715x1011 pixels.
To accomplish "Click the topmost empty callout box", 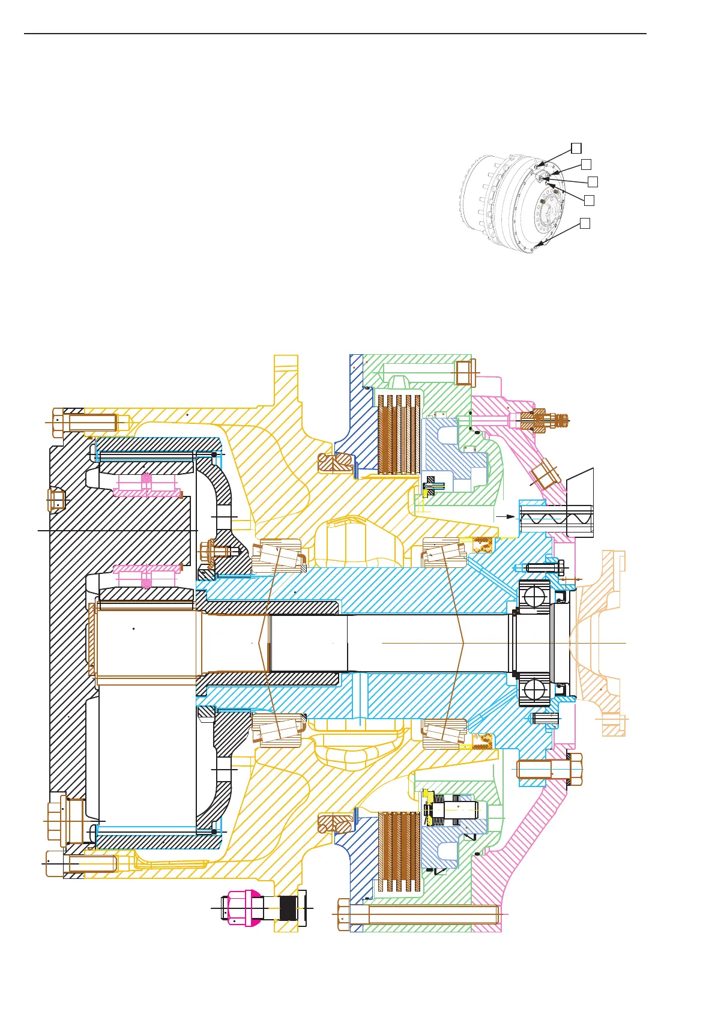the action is (x=575, y=147).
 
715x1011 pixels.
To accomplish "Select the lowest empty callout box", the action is (x=585, y=223).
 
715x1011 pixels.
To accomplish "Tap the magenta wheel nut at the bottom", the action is (x=243, y=908).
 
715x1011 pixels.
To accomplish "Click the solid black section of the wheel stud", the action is (x=288, y=908).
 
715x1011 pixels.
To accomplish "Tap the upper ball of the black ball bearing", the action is (x=534, y=596).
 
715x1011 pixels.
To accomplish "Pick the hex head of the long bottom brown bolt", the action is (x=343, y=914).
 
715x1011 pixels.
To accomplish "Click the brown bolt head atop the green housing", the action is (x=465, y=372).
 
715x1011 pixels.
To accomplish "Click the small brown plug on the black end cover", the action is (x=56, y=499).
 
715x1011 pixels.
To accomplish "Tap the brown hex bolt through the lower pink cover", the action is (x=549, y=769).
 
